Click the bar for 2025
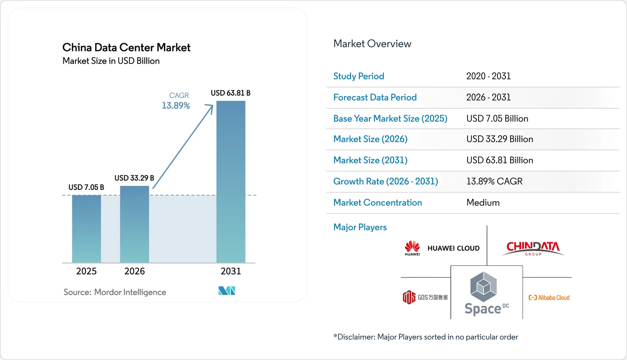86,229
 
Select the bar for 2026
135,224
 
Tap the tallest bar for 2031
231,182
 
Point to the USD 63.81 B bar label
231,93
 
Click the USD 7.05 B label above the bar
86,187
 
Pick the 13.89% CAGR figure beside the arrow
176,106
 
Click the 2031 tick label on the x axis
231,271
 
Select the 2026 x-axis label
135,271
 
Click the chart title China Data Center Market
126,47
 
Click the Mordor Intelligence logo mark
227,291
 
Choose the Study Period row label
359,76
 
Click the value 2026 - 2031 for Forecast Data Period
488,97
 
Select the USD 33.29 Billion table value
500,139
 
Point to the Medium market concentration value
483,203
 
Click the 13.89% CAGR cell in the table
494,181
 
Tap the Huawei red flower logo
412,246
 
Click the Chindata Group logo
533,248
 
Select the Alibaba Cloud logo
549,297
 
